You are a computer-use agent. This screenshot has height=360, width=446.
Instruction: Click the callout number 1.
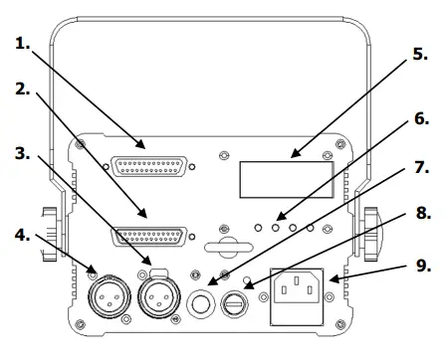pos(22,43)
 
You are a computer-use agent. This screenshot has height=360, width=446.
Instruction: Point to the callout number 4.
pos(22,236)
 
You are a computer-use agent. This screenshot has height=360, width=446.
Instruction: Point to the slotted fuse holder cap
pos(242,299)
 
